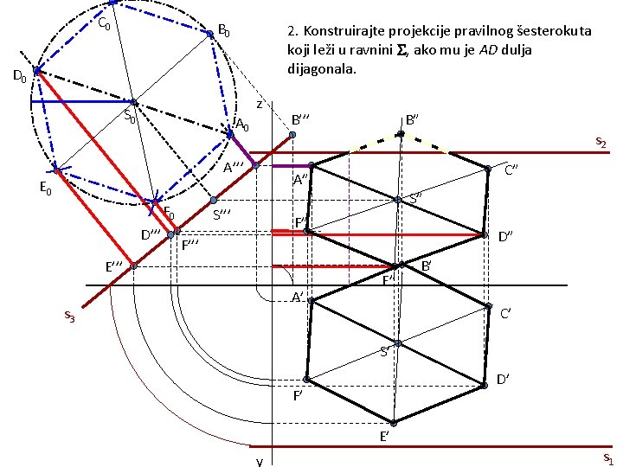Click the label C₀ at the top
tap(104, 23)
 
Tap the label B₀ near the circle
tap(224, 32)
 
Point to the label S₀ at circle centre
tap(130, 116)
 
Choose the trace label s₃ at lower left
tap(70, 318)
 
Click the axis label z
tap(260, 104)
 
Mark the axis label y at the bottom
tap(260, 460)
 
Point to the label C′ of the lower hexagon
tap(510, 313)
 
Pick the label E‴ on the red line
tap(114, 265)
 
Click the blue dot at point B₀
tap(209, 35)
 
